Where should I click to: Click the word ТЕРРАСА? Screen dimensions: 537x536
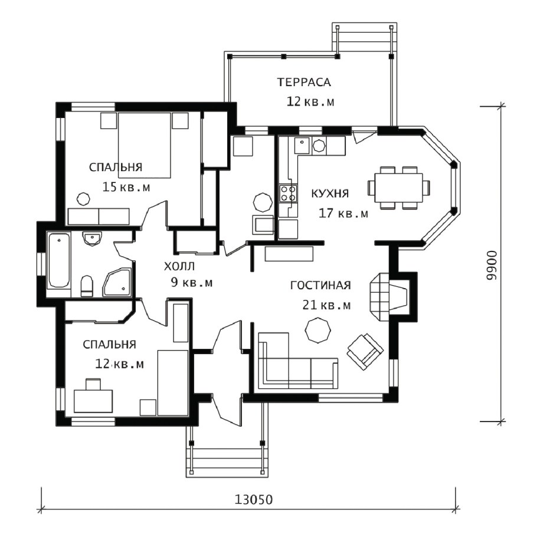(x=304, y=82)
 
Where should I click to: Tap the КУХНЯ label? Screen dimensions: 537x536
(x=330, y=194)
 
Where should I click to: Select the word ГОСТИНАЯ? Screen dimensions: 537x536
(x=320, y=285)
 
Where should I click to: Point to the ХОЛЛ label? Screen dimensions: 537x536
(x=179, y=266)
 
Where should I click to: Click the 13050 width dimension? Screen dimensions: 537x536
(x=253, y=499)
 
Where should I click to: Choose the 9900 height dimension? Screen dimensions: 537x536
(x=492, y=266)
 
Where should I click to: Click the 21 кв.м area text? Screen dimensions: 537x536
(x=326, y=305)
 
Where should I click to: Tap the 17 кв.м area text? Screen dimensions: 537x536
(x=343, y=213)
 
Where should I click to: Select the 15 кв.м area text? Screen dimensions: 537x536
(x=126, y=187)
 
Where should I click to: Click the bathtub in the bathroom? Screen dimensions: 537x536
(x=58, y=260)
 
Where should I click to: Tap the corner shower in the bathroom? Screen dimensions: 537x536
(x=117, y=282)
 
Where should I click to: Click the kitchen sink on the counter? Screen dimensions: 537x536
(x=302, y=146)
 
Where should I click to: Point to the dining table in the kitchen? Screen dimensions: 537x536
(x=399, y=188)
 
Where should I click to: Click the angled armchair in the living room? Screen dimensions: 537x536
(x=365, y=351)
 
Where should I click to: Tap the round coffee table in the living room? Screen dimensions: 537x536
(x=318, y=329)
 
